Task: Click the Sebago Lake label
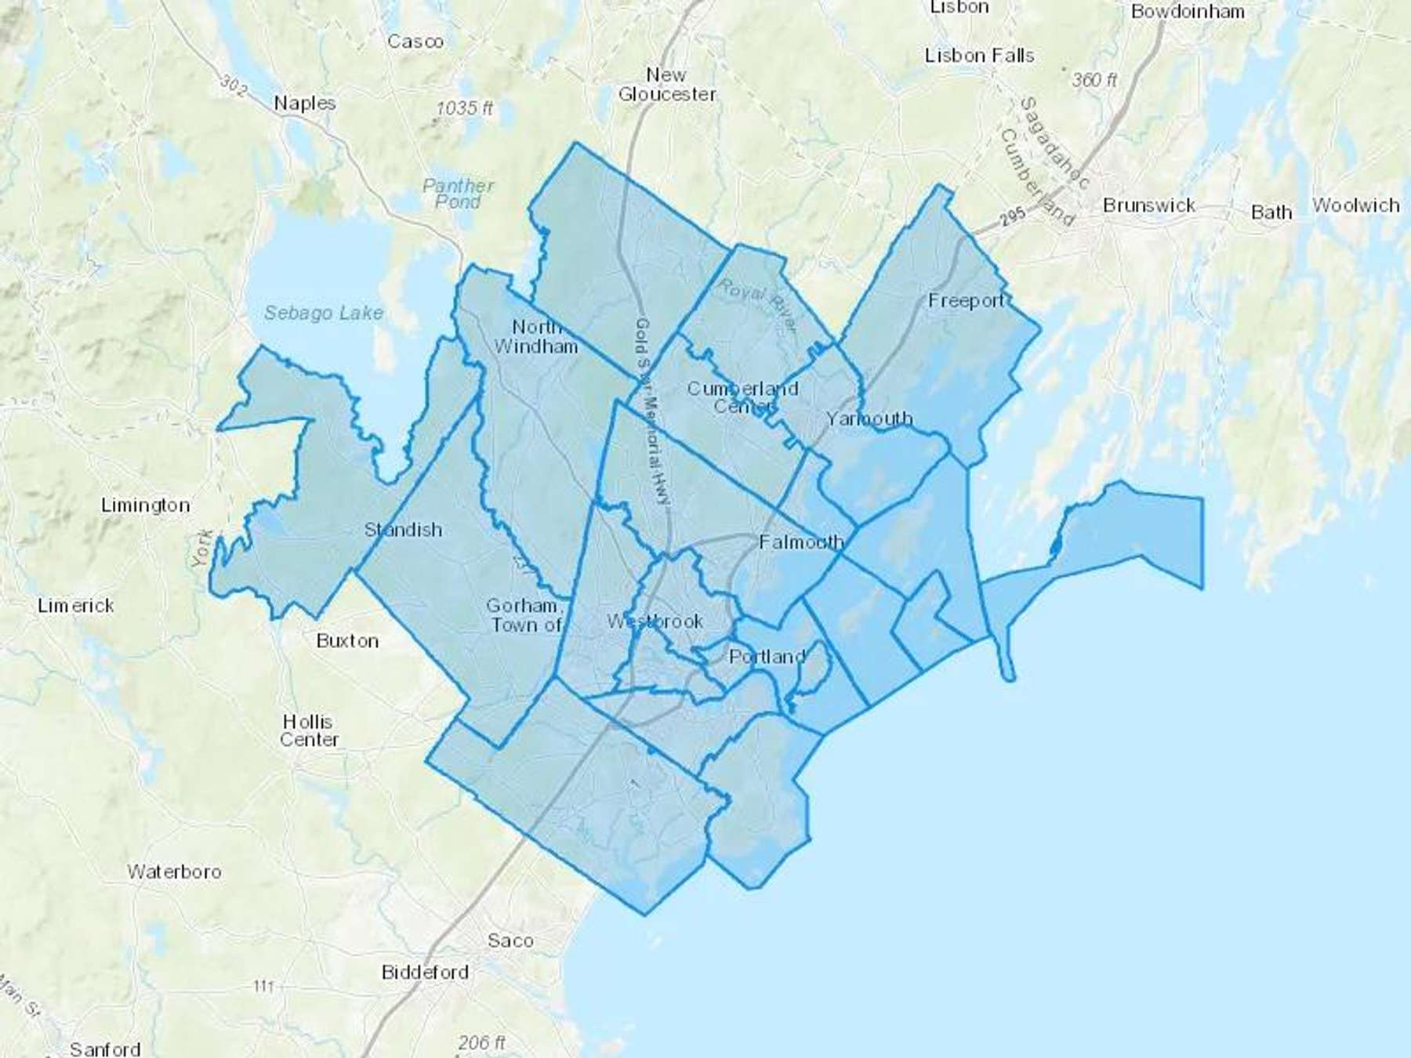pyautogui.click(x=323, y=313)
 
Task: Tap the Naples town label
pyautogui.click(x=305, y=103)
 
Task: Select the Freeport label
pyautogui.click(x=966, y=301)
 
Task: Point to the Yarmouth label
pyautogui.click(x=869, y=419)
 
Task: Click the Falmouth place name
pyautogui.click(x=801, y=542)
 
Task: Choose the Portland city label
pyautogui.click(x=767, y=657)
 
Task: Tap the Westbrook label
pyautogui.click(x=655, y=621)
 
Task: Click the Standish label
pyautogui.click(x=403, y=530)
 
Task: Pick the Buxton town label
pyautogui.click(x=347, y=641)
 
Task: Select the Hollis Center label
pyautogui.click(x=309, y=730)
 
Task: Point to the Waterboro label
pyautogui.click(x=174, y=871)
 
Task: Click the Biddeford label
pyautogui.click(x=425, y=973)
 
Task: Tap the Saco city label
pyautogui.click(x=510, y=940)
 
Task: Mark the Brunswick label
pyautogui.click(x=1148, y=205)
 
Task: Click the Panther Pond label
pyautogui.click(x=458, y=194)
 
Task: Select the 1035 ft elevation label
pyautogui.click(x=464, y=108)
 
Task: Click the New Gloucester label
pyautogui.click(x=666, y=85)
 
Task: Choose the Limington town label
pyautogui.click(x=145, y=505)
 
